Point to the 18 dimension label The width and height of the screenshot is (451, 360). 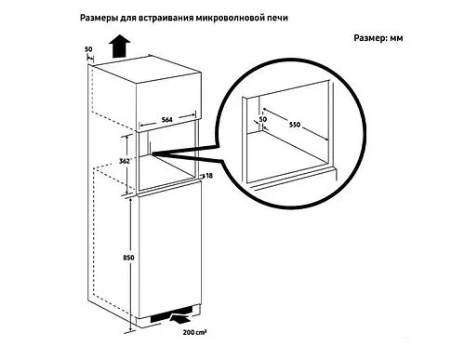208,175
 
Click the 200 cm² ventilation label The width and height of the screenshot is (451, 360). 195,332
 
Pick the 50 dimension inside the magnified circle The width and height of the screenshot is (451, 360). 263,119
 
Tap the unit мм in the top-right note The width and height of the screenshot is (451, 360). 399,40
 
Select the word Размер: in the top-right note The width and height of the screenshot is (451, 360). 372,40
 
